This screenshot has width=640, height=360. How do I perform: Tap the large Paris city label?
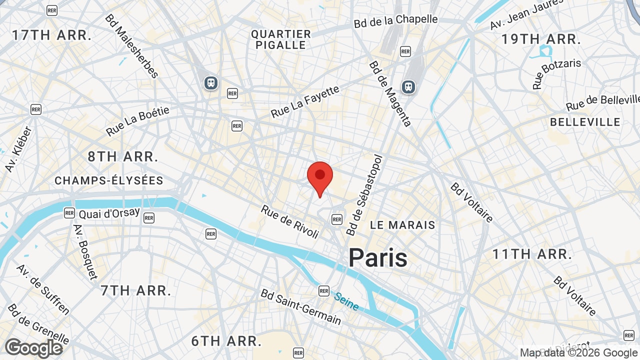click(x=378, y=258)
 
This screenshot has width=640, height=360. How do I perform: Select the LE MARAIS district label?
click(x=402, y=225)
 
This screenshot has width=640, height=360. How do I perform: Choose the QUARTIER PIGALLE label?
click(x=281, y=39)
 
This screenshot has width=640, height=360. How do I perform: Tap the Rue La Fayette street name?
click(x=305, y=101)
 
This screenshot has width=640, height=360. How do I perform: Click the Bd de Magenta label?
click(x=390, y=94)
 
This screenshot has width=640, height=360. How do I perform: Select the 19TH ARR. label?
click(x=541, y=39)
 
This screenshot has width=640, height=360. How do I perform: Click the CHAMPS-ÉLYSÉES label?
click(x=109, y=180)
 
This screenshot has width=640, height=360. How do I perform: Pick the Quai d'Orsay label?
click(x=109, y=213)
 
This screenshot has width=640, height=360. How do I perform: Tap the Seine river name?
click(x=346, y=301)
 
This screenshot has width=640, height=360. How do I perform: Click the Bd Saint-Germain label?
click(x=301, y=306)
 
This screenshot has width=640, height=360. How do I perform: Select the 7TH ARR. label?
click(x=136, y=290)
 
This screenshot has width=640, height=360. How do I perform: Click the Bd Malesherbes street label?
click(x=131, y=46)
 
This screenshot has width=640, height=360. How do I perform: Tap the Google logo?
click(x=34, y=348)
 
